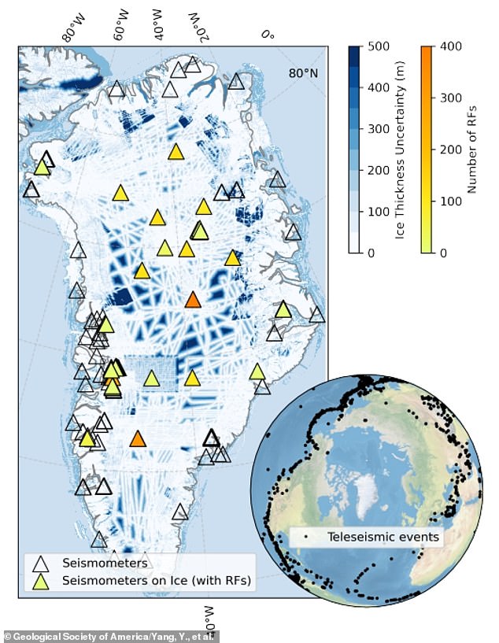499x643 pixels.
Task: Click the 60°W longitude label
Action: click(x=122, y=25)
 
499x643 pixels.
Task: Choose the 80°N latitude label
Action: click(x=303, y=73)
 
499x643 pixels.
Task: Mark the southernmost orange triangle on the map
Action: click(x=138, y=439)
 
